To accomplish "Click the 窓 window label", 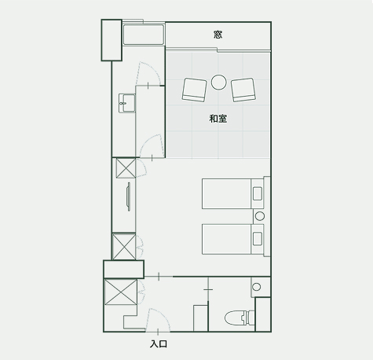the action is click(x=218, y=35).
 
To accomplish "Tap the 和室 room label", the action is click(x=218, y=119).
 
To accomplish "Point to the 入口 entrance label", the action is click(x=159, y=343).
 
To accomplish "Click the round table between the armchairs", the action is click(x=218, y=83).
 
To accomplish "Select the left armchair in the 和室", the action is click(x=195, y=90).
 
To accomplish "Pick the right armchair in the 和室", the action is click(x=243, y=90).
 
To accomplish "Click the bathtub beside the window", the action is click(x=144, y=35).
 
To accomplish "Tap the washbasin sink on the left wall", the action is click(x=127, y=103).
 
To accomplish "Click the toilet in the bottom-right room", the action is click(x=240, y=318).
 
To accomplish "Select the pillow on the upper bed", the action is click(x=258, y=193).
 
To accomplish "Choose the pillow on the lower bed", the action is click(x=258, y=239).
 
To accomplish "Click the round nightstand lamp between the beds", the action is click(x=260, y=216).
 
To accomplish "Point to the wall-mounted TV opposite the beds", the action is click(x=128, y=197).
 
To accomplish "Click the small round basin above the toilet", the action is click(x=257, y=287).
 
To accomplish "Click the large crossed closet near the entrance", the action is click(x=121, y=292).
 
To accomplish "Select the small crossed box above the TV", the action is click(x=126, y=168).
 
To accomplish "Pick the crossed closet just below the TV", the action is click(x=124, y=247).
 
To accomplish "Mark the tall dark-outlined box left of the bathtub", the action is click(x=112, y=40).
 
